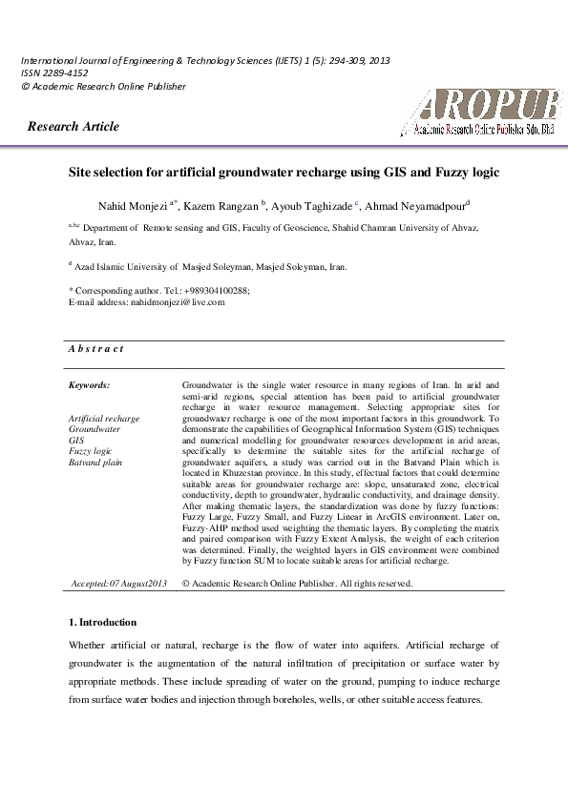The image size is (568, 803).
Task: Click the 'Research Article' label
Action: point(74,127)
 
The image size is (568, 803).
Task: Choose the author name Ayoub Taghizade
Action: point(312,205)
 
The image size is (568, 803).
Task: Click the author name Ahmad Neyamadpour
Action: point(413,205)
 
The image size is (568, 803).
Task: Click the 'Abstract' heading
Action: point(95,349)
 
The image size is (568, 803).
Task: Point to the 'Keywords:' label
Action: point(90,385)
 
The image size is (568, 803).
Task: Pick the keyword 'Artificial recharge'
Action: point(104,419)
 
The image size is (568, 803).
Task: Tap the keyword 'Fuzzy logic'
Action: point(91,450)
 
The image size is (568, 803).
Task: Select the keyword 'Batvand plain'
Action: point(96,462)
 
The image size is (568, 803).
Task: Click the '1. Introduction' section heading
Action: point(102,623)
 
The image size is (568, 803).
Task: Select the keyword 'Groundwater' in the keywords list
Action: point(95,430)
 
